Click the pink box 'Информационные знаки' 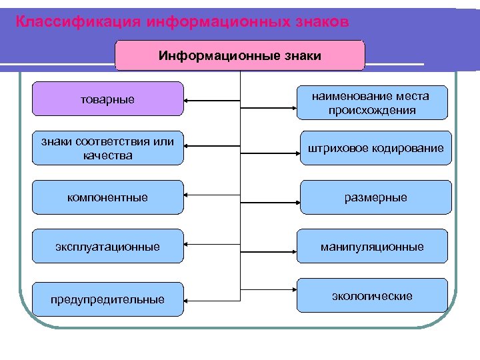coord(240,55)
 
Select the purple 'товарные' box coord(107,99)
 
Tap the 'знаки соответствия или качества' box coord(107,149)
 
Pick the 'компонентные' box coord(107,197)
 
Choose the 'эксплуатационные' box coord(107,247)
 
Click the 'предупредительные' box coord(107,299)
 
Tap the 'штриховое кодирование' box coord(375,148)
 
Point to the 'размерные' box coord(375,197)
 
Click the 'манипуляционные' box coord(371,247)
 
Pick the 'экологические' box coord(371,295)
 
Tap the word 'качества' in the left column coord(107,155)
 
